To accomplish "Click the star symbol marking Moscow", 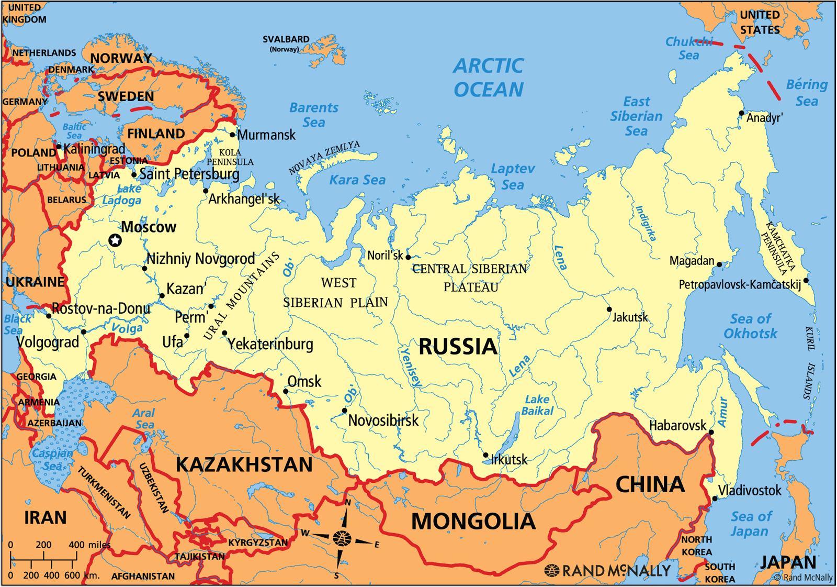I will point(115,240).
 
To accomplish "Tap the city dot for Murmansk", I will point(232,135).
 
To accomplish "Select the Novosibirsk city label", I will point(383,420).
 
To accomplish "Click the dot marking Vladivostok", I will point(715,499).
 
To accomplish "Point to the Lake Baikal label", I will point(537,405).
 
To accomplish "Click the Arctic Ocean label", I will point(488,78).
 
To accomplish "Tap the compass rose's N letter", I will point(348,503).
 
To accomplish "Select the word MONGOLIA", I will point(473,522).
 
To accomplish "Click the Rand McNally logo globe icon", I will point(551,570).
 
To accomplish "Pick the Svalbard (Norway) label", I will point(286,43).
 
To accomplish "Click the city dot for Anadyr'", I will point(741,113).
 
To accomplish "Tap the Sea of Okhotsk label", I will point(751,326).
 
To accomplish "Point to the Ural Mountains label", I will point(241,296).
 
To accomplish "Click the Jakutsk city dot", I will point(609,309).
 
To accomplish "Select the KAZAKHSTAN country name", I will point(244,465).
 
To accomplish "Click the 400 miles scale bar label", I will point(89,545).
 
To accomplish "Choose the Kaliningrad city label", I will point(94,149).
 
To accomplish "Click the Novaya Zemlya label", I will point(324,157).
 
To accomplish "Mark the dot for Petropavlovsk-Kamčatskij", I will point(806,281).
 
